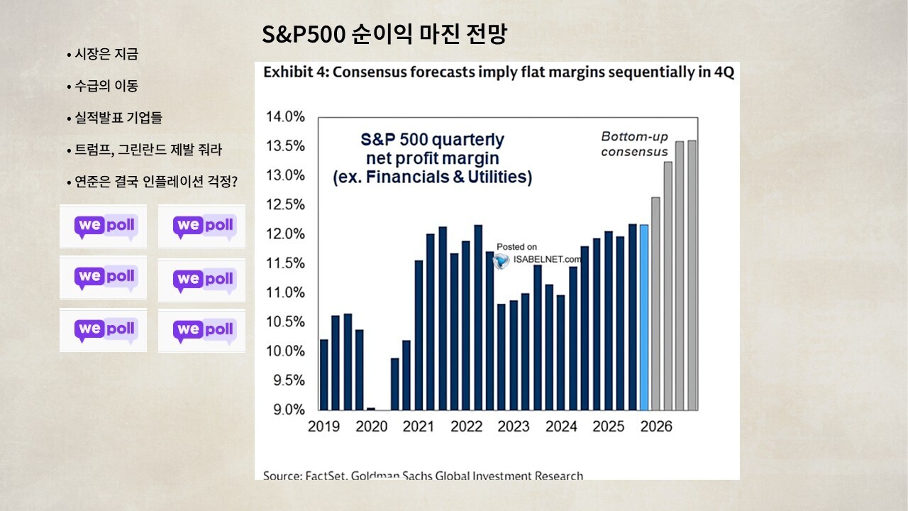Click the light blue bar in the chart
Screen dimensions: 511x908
pos(644,317)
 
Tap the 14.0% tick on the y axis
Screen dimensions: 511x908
pos(285,117)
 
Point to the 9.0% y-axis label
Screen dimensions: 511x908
pos(287,410)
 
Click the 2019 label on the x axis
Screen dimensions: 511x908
pos(323,427)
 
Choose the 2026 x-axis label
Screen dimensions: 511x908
pos(656,427)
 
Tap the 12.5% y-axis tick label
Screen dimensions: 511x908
pos(285,205)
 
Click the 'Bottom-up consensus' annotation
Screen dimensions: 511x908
pos(634,144)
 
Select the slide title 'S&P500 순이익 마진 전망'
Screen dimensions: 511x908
pos(384,35)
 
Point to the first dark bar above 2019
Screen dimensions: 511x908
pos(324,374)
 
